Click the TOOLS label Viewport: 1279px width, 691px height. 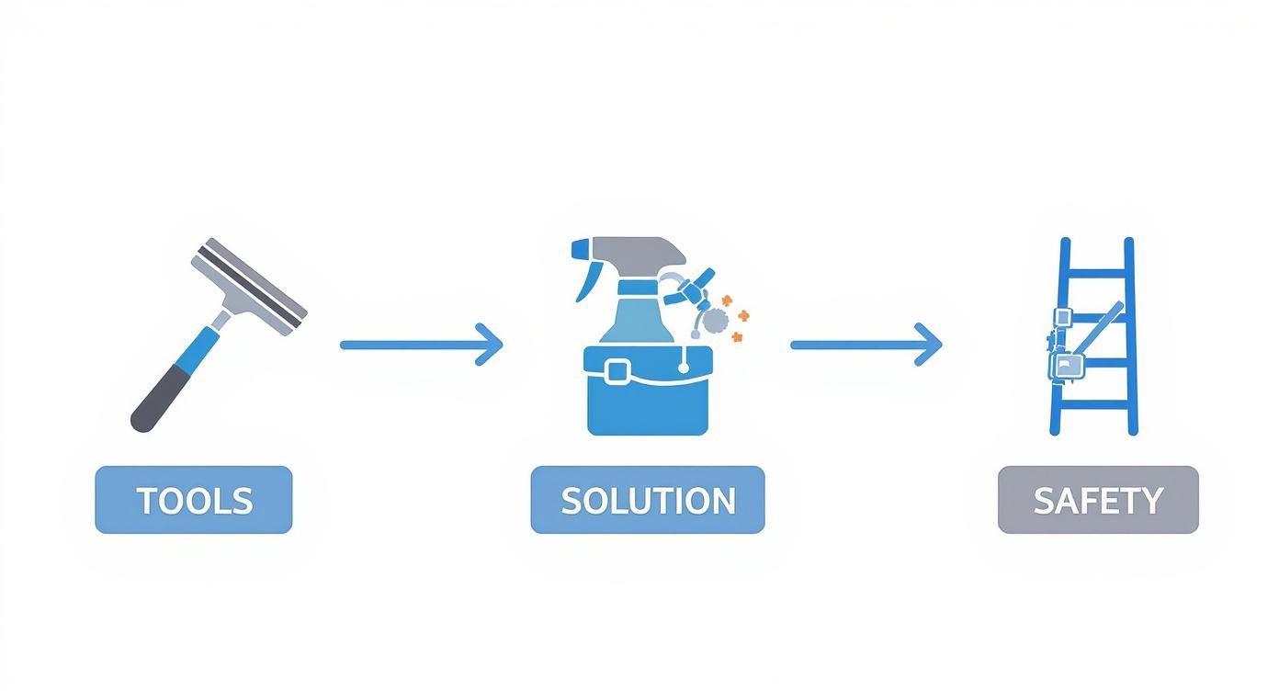(x=193, y=500)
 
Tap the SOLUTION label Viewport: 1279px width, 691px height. (x=647, y=500)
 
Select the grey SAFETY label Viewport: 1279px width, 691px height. (x=1098, y=500)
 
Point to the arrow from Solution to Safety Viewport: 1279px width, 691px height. (x=866, y=345)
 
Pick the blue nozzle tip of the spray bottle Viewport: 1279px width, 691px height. (x=580, y=249)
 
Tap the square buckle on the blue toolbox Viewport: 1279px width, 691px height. (x=617, y=371)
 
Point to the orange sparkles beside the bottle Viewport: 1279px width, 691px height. (x=736, y=317)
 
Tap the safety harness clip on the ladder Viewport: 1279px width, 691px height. (x=1064, y=366)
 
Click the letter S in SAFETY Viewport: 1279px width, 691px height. (x=1044, y=501)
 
